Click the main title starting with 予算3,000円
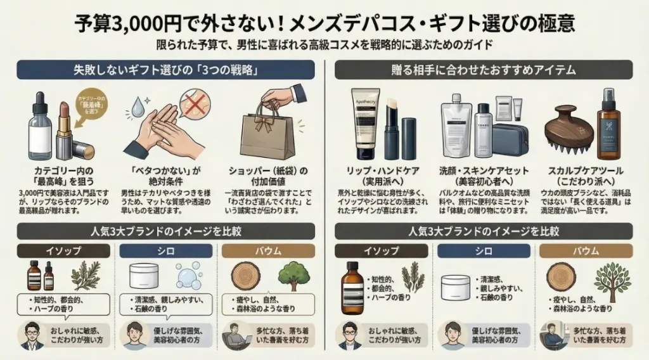324,23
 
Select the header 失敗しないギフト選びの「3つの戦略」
166,70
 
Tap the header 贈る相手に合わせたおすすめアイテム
485,70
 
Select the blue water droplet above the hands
134,105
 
